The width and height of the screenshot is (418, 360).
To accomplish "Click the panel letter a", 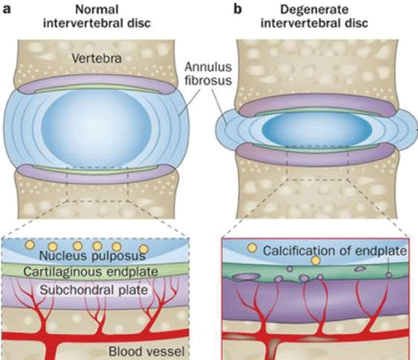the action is tap(7, 10).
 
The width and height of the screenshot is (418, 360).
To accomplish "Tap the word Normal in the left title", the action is tap(97, 10).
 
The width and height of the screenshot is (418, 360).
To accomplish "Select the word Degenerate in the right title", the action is tap(314, 10).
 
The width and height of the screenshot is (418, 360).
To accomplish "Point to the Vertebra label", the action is tap(97, 59).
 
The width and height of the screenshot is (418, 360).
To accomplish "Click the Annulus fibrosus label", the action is tap(208, 74).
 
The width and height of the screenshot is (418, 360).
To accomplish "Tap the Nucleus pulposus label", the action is tap(92, 256).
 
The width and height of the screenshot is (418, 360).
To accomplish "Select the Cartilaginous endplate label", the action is tap(91, 272).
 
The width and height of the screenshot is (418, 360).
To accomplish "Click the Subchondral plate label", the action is tap(93, 290).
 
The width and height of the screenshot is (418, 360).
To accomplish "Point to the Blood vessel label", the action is tap(146, 351).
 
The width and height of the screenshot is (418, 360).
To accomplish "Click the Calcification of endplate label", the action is tap(335, 251).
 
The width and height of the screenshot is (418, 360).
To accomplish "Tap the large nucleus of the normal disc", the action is tap(97, 128).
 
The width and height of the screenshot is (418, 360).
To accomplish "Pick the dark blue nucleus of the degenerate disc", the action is tap(317, 129).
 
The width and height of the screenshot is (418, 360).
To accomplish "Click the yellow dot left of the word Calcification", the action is tap(253, 247).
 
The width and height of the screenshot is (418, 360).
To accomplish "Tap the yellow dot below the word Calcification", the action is tap(316, 260).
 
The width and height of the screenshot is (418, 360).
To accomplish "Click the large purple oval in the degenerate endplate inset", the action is tap(242, 278).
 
